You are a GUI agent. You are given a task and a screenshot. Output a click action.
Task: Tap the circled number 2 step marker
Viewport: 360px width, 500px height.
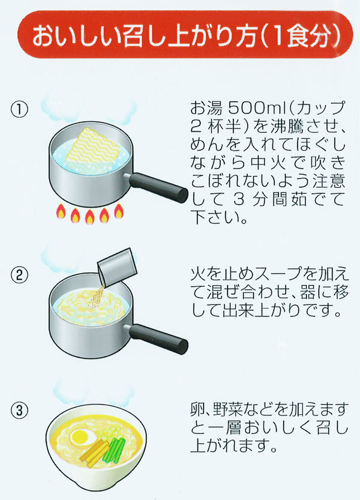tap(20, 277)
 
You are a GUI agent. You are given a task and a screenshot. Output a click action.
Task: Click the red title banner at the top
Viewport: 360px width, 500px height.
tap(180, 37)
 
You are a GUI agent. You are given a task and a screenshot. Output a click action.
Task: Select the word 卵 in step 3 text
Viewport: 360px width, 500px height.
tap(196, 410)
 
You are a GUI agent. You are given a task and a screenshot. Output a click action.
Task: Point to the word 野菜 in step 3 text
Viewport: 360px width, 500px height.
tap(227, 410)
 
